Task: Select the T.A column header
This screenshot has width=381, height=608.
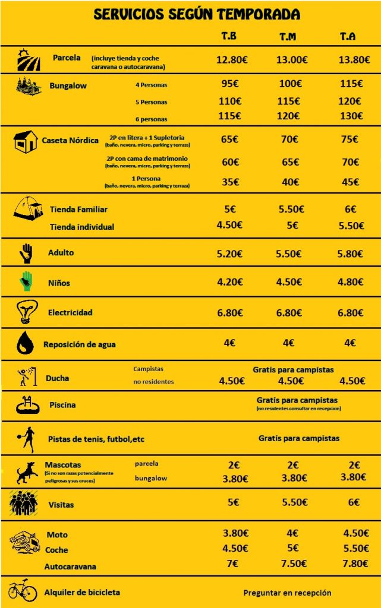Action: click(348, 37)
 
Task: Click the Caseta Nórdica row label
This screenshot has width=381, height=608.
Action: click(70, 141)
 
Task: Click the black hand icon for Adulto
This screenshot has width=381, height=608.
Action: click(26, 253)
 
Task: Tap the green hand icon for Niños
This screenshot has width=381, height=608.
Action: click(26, 281)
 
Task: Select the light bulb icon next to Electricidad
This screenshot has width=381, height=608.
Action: click(25, 311)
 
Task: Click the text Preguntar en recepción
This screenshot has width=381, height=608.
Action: click(287, 593)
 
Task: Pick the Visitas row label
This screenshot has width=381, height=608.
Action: click(61, 505)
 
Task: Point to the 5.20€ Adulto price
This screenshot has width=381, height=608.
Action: click(229, 254)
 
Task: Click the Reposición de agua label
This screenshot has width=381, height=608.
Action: click(80, 344)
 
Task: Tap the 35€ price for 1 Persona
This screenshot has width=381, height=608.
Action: click(229, 182)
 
